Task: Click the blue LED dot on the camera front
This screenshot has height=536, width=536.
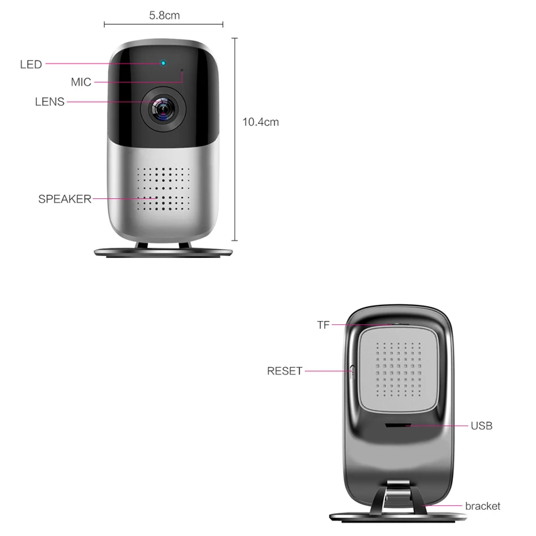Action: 163,64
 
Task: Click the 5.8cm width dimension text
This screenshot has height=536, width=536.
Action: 164,14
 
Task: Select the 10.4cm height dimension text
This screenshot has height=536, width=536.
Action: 260,122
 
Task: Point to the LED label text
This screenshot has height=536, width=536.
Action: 31,65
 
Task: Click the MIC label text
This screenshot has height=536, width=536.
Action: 81,82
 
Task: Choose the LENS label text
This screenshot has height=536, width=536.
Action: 50,103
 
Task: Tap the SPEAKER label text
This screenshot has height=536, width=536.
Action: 64,199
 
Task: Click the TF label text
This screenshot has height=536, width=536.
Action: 324,326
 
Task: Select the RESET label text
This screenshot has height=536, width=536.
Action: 285,371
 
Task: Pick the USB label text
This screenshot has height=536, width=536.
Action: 481,425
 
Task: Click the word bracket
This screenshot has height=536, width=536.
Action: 482,506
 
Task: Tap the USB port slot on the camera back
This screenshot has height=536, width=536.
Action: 398,425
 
